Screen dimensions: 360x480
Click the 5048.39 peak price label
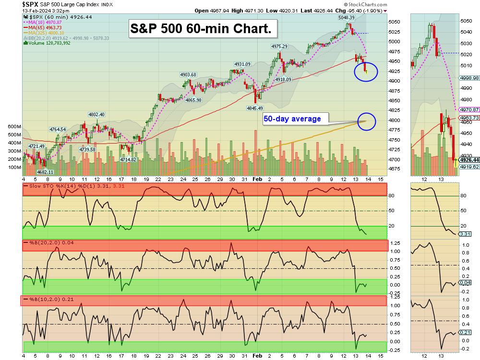(346, 18)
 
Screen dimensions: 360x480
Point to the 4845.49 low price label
(254, 108)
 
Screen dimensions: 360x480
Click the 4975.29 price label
(279, 47)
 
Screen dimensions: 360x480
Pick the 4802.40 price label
(96, 114)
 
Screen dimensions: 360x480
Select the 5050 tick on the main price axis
(395, 22)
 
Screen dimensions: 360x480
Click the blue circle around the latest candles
(366, 72)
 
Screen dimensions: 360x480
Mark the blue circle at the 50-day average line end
(366, 121)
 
